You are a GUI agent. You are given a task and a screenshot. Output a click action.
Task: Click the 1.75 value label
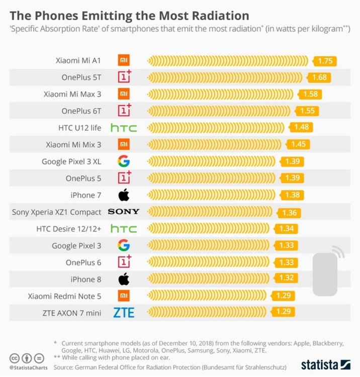325,61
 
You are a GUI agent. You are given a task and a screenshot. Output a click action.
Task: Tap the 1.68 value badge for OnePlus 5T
319,77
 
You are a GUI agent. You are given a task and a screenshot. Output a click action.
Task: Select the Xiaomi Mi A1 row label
78,60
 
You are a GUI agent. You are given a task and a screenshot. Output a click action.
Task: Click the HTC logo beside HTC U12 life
124,128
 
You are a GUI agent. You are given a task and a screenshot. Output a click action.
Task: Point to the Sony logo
124,212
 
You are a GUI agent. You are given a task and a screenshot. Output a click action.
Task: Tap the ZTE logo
124,313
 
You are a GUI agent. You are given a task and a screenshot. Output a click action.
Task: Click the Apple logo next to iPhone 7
124,195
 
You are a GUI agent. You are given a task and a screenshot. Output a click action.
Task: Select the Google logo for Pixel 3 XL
124,161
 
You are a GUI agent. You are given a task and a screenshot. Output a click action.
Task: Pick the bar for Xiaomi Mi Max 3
220,95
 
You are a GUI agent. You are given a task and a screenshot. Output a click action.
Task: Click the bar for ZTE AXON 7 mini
207,312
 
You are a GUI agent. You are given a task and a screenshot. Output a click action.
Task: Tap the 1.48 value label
301,127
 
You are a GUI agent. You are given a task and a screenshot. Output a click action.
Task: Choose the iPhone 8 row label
86,279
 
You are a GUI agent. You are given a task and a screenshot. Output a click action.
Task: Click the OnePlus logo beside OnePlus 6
124,261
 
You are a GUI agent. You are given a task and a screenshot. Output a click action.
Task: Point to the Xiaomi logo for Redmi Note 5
124,296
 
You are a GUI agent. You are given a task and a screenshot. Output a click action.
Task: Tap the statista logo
326,365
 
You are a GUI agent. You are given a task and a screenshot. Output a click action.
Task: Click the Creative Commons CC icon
15,358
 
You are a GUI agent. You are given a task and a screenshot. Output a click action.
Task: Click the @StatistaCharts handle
28,368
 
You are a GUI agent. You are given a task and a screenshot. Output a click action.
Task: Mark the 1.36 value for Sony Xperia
289,213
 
